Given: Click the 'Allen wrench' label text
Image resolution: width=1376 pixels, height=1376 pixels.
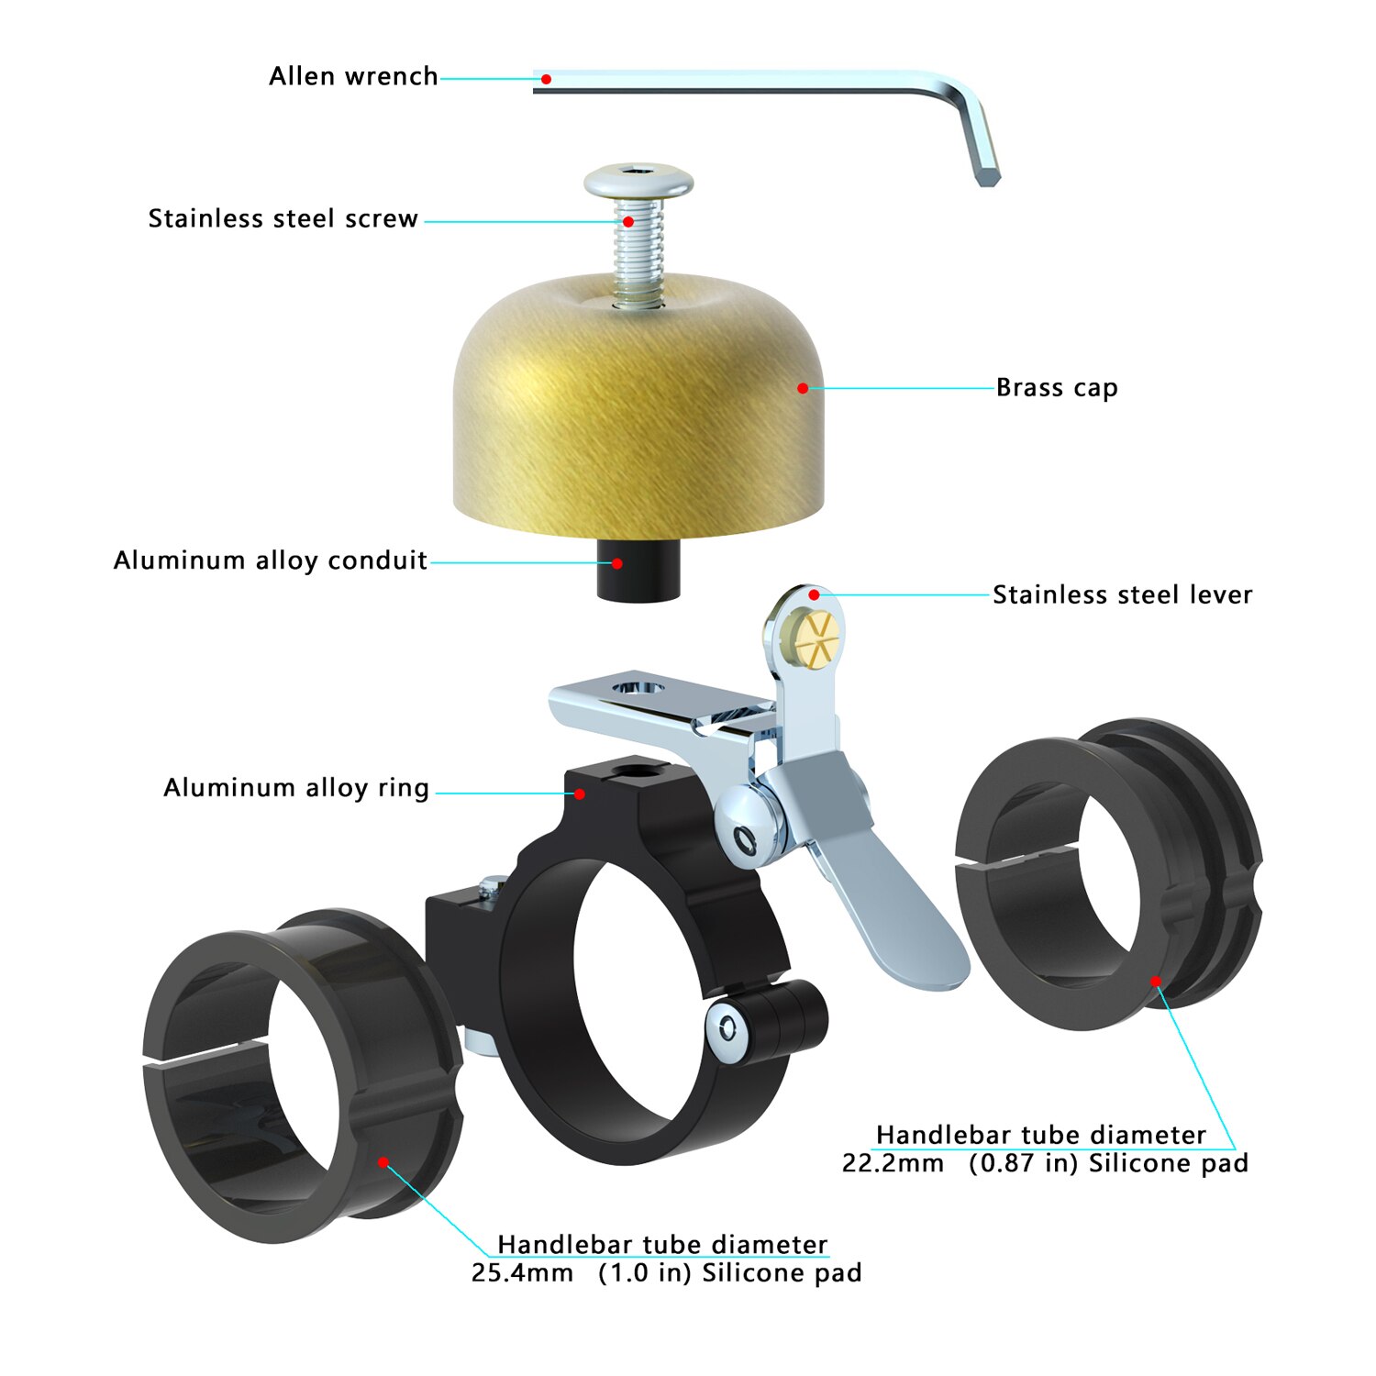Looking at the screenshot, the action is pos(353,76).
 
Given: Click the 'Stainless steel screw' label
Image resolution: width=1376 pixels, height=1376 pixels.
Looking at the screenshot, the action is pos(283,218).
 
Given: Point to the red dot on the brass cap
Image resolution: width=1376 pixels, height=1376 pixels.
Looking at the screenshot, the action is pos(803,388).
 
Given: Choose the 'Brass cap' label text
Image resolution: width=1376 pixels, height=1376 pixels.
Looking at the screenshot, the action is pos(1057,388).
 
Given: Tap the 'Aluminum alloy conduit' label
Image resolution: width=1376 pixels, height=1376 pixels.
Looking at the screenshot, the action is pos(271,560).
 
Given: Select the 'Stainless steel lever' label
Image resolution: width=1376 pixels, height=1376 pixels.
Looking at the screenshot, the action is pos(1122,594).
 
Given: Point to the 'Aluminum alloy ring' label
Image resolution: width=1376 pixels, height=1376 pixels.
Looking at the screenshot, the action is pos(296,788).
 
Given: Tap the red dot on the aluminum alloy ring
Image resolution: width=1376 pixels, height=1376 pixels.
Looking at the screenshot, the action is pos(580,793).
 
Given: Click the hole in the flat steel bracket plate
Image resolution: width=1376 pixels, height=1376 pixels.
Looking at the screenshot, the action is pos(638,687).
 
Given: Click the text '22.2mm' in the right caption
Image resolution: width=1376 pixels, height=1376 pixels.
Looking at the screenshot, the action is pos(893,1163).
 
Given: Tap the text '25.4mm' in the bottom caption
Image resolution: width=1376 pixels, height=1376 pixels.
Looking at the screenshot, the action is pos(522,1273).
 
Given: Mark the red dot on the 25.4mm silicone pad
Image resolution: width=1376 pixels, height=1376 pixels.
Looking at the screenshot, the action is pos(383,1162).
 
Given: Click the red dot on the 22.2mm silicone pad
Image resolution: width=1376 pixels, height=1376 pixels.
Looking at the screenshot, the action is pos(1156,982).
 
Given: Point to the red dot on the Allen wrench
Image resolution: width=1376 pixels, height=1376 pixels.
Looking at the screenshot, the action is pos(546,79).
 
